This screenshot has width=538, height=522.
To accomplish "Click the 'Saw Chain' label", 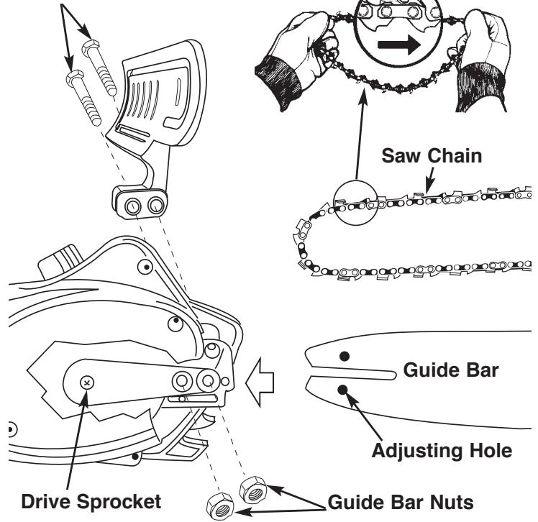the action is (x=432, y=156).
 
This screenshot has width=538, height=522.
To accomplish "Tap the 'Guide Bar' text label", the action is (x=451, y=370).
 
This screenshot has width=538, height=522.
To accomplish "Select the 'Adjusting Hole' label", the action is (x=442, y=451).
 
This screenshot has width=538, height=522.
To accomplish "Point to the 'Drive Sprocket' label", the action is (x=91, y=501).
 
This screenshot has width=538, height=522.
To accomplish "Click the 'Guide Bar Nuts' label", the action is (x=401, y=502).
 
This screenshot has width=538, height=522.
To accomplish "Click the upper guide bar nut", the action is (x=253, y=490).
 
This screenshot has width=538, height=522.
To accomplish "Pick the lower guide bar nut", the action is (x=220, y=507).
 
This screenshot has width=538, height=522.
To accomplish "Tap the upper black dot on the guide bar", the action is (x=345, y=357).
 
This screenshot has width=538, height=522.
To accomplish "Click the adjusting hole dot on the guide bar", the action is (x=342, y=390).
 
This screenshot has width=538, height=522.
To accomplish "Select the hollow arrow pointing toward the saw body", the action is (x=260, y=382).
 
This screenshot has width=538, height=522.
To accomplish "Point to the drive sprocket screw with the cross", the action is (x=87, y=383).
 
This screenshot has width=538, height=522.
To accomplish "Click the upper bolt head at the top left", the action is (x=91, y=47).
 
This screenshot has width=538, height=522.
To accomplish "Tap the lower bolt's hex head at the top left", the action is (x=75, y=78).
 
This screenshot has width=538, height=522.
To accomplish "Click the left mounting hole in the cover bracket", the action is (x=132, y=206).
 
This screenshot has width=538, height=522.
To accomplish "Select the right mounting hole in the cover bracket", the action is (x=156, y=205).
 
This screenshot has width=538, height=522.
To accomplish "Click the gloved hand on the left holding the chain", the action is (x=295, y=58).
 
